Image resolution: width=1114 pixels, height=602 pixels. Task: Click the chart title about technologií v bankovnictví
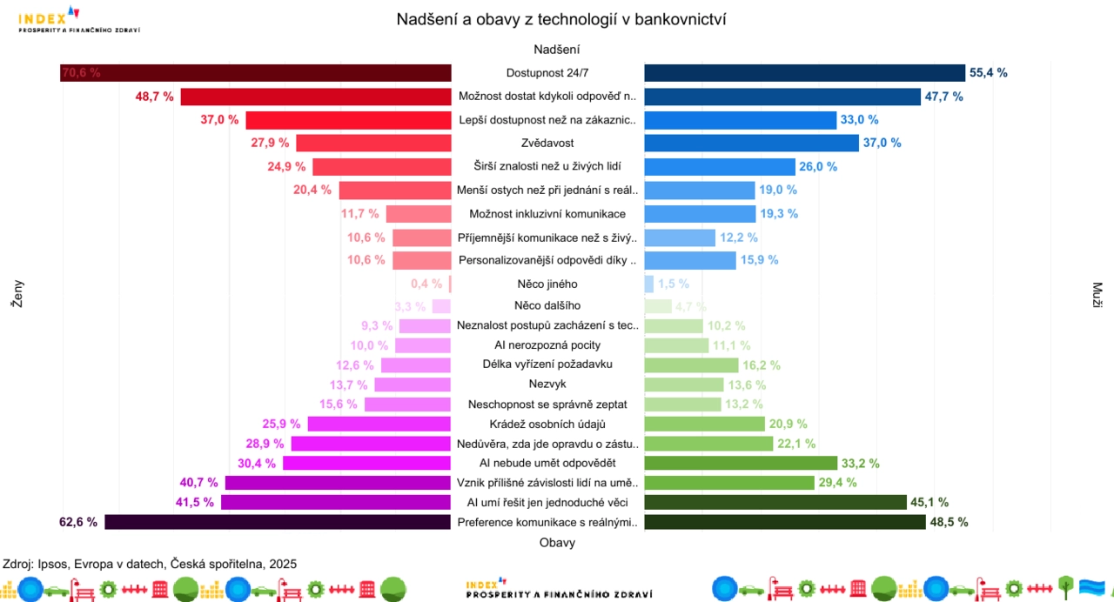[x=561, y=19]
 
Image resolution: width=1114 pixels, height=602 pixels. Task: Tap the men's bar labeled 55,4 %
[x=804, y=73]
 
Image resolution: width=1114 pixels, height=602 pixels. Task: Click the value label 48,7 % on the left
[x=154, y=97]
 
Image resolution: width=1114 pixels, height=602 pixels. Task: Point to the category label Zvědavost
[x=547, y=143]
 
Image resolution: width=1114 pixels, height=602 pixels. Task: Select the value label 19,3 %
[x=779, y=213]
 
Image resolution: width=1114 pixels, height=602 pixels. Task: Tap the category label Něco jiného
[x=547, y=284]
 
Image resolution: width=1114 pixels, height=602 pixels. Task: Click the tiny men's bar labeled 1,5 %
[x=648, y=284]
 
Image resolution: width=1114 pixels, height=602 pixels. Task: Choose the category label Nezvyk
[x=547, y=385]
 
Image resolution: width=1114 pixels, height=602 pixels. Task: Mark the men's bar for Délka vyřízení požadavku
[x=691, y=365]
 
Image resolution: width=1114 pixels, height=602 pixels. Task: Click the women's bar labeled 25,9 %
[x=379, y=424]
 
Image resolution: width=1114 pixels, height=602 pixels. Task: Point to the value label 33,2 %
[x=861, y=464]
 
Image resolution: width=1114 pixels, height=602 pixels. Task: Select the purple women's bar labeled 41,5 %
[x=336, y=502]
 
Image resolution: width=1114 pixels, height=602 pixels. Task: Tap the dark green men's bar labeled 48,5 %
[x=784, y=522]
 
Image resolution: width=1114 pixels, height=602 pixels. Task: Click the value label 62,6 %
[x=77, y=522]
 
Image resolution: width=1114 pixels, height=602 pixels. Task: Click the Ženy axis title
[x=17, y=293]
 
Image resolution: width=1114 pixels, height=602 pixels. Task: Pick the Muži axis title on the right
[x=1097, y=293]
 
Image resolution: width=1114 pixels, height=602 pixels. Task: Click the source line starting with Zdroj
[x=149, y=564]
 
